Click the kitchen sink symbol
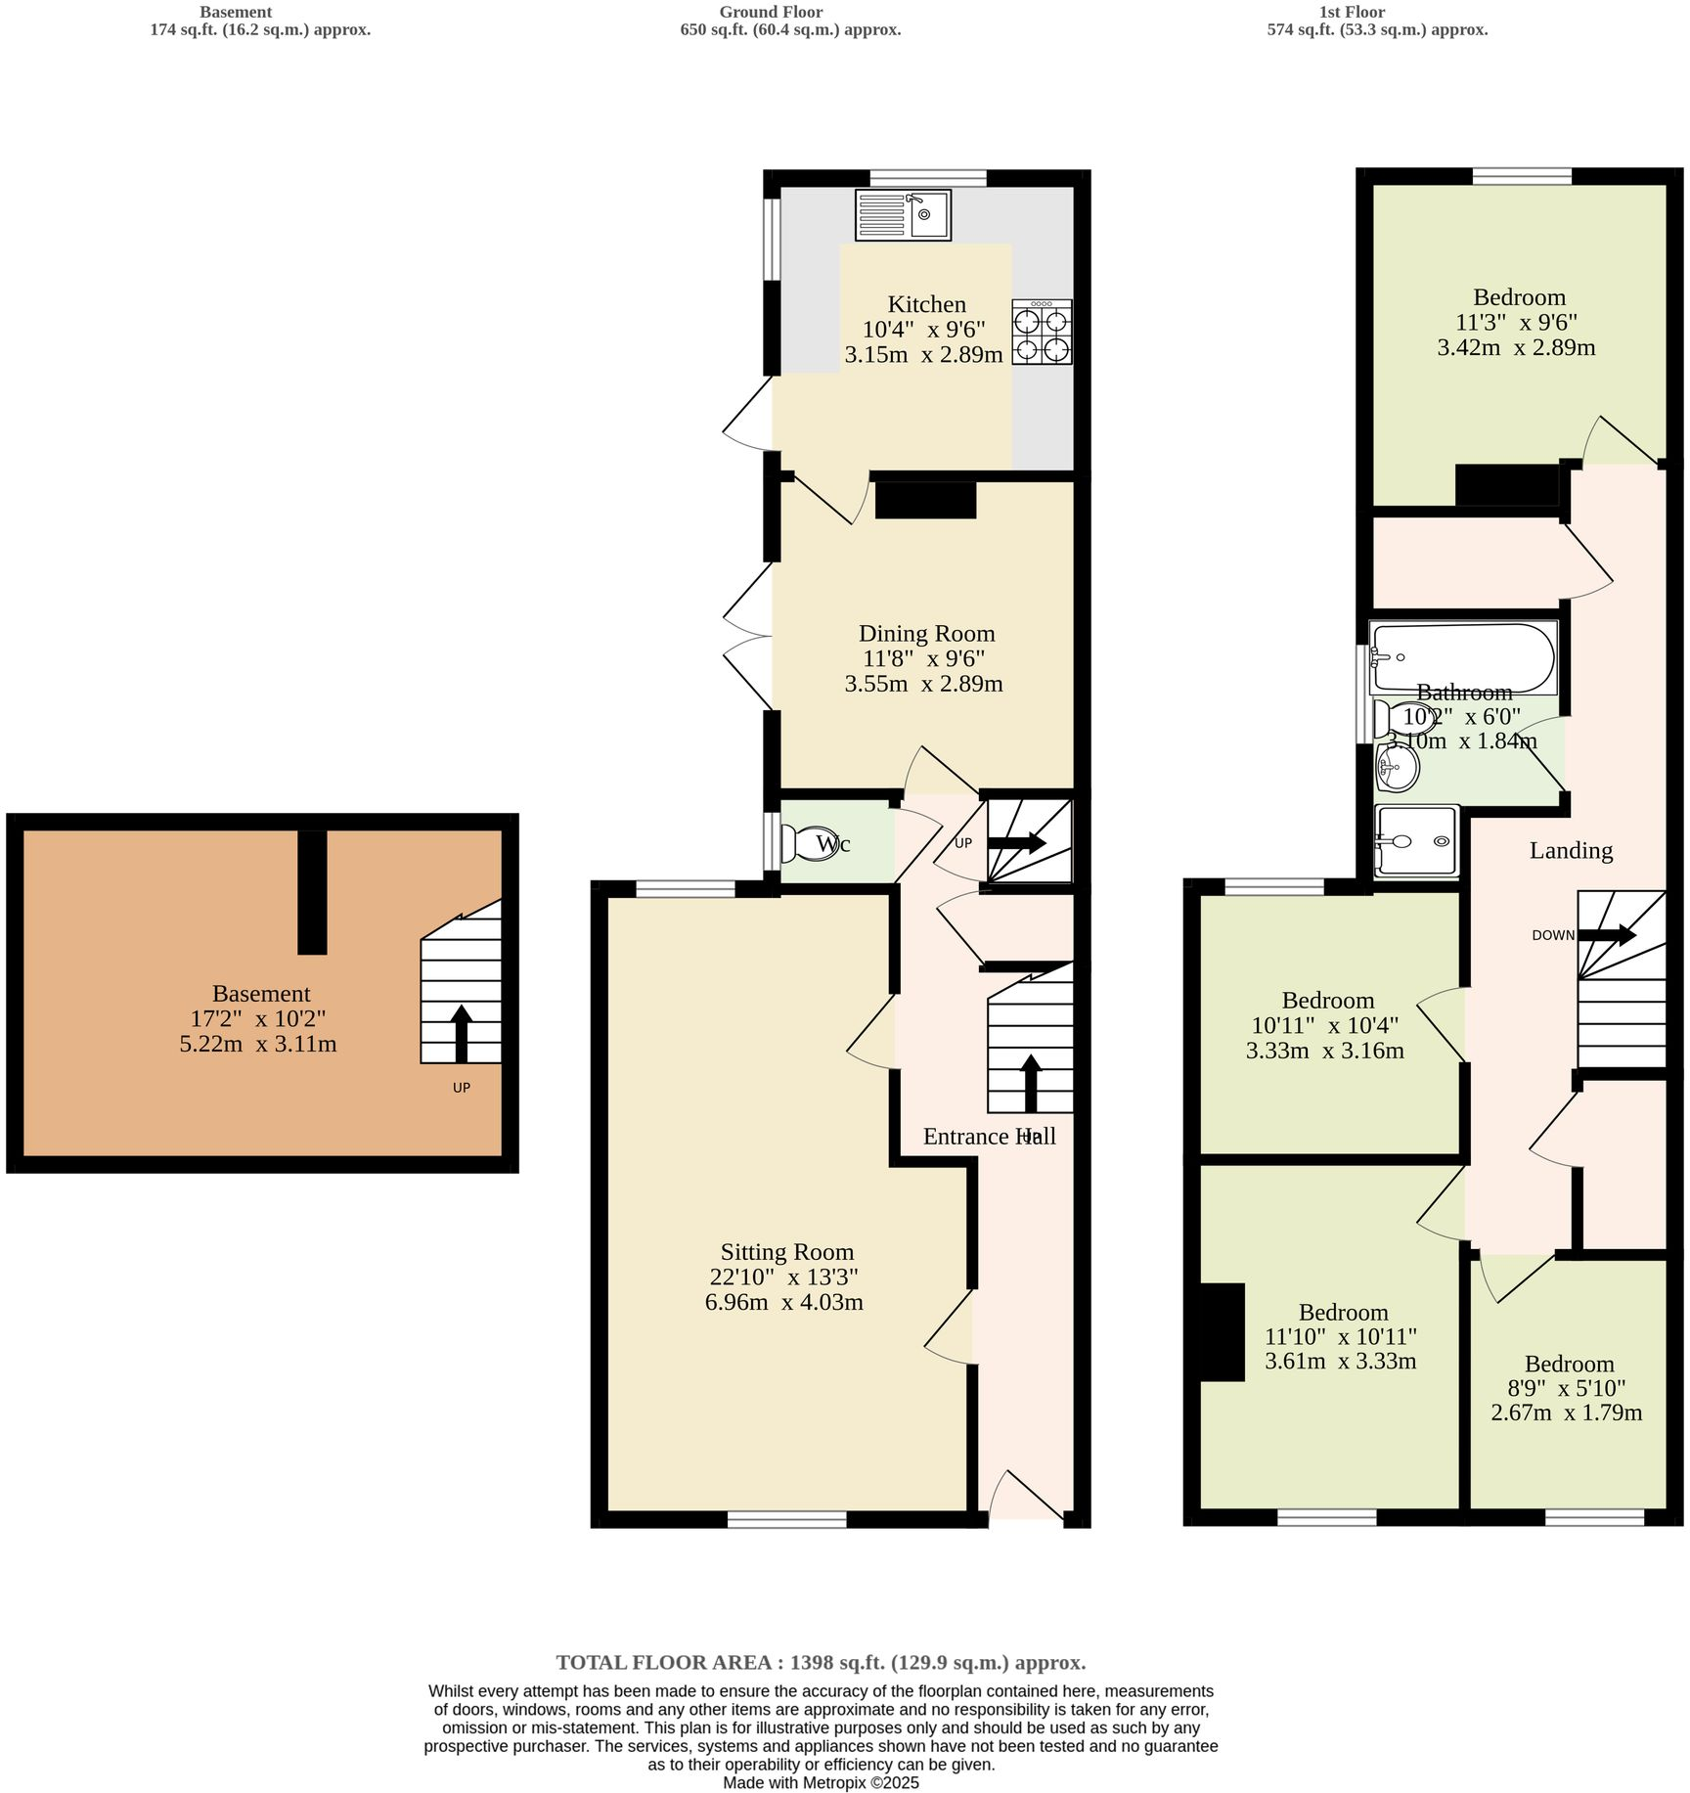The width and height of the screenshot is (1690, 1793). pos(903,215)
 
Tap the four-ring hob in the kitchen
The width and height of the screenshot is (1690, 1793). pos(1042,333)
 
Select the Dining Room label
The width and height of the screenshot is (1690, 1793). pos(926,634)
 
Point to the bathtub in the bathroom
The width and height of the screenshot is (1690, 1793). pos(1462,658)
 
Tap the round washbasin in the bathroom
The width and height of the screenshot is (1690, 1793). pos(1396,768)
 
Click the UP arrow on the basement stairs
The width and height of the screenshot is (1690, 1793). pos(462,1034)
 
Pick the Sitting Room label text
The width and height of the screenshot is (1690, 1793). pos(787,1252)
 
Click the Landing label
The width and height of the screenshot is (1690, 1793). pos(1571,850)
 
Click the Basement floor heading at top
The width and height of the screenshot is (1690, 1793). pos(236,13)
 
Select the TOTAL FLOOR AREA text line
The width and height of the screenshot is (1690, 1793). pos(821,1663)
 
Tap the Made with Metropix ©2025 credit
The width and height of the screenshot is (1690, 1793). pos(821,1782)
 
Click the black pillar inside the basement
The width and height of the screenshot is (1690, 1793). pos(312,891)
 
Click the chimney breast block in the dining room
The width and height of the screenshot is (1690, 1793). pos(925,500)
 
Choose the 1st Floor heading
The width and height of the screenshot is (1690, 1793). pos(1352,13)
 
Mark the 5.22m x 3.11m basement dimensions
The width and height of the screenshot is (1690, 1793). pos(258,1044)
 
